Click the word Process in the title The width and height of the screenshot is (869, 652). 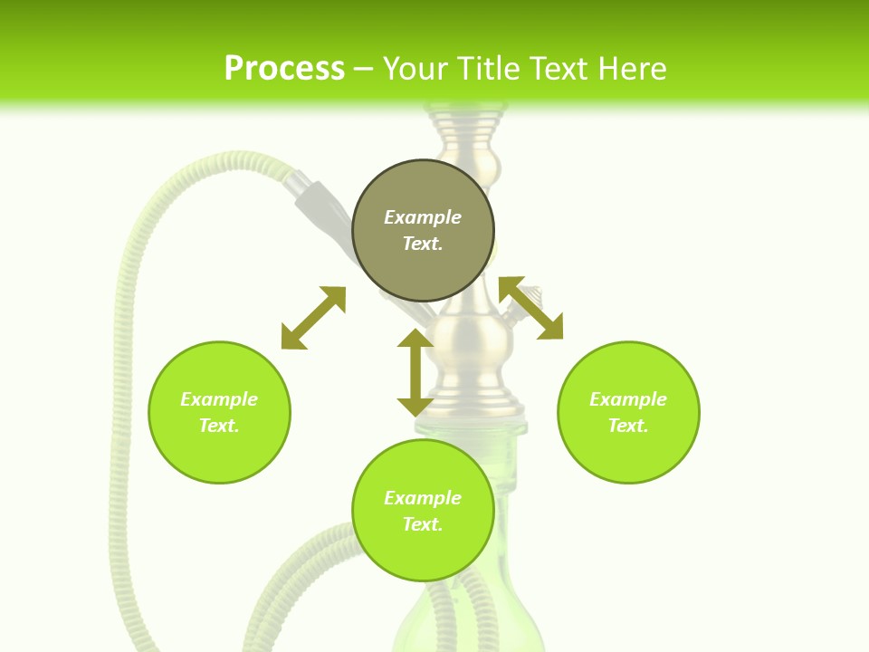click(284, 69)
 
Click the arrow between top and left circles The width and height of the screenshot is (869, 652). click(313, 318)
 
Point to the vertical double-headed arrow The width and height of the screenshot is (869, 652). click(415, 372)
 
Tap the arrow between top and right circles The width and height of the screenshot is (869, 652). click(530, 308)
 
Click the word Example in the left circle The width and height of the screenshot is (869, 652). click(219, 399)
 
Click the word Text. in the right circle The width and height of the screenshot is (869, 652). click(628, 426)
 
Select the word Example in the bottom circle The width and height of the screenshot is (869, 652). click(423, 498)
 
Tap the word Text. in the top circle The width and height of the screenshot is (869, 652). click(423, 244)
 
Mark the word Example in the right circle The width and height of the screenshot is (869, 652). click(628, 399)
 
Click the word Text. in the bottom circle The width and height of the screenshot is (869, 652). click(423, 524)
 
